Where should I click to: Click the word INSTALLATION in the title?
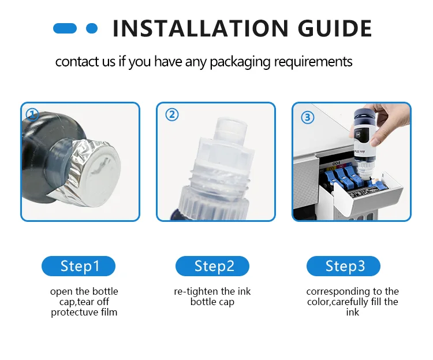click(201, 28)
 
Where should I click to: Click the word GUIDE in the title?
click(335, 28)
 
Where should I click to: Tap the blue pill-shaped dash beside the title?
click(65, 28)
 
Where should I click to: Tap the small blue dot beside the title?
click(92, 28)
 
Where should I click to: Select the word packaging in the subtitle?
click(240, 62)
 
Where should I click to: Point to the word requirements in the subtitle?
click(313, 62)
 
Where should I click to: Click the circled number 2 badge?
click(172, 114)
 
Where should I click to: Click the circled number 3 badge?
click(307, 117)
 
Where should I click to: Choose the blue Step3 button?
click(344, 266)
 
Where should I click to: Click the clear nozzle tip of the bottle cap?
click(232, 128)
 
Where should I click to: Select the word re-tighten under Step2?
click(196, 291)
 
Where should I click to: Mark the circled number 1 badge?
click(32, 114)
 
